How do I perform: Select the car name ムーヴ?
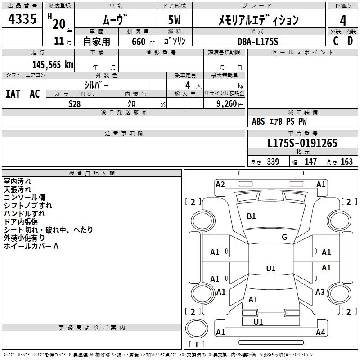116,20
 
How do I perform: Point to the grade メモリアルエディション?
258,20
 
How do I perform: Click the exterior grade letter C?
336,40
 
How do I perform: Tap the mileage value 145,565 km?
53,64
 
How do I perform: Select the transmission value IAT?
13,94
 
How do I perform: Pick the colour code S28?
74,103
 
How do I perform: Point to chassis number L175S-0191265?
302,144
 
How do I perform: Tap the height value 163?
346,162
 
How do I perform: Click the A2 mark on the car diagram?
220,184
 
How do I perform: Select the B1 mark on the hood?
251,216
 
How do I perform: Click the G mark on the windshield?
284,237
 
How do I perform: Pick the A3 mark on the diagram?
320,292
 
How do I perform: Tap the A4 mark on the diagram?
320,333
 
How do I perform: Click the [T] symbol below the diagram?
196,345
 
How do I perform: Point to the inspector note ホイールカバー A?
31,246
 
